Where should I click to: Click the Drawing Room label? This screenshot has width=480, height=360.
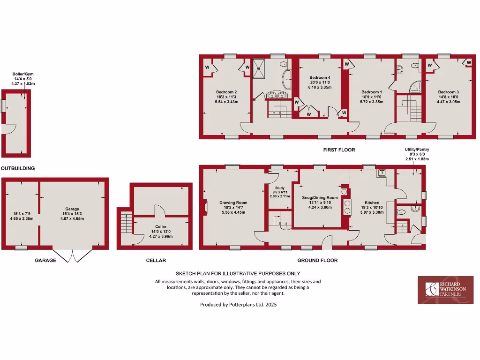[233, 203]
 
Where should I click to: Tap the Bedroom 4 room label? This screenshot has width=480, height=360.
[320, 77]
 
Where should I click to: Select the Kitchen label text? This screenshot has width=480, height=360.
[372, 202]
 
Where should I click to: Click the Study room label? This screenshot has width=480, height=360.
[280, 188]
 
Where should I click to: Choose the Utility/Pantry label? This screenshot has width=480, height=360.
[417, 150]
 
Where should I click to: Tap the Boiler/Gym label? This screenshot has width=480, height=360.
[23, 74]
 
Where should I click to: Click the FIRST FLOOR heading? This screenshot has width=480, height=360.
[339, 150]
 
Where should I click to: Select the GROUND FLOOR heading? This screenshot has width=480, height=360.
[317, 260]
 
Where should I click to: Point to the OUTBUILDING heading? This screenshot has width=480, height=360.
[18, 168]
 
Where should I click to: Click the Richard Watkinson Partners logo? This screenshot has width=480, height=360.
[445, 290]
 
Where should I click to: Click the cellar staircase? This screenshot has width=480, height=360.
[125, 223]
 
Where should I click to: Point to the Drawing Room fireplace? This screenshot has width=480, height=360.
[205, 207]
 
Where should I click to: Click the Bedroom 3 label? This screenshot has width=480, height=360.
[448, 92]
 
